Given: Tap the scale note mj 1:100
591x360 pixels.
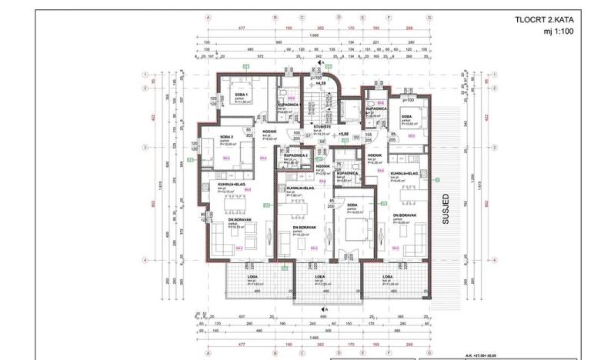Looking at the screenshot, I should click(559, 32).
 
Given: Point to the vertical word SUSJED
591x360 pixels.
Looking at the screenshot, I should click(446, 208).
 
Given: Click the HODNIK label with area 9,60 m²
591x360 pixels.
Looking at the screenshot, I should click(269, 132).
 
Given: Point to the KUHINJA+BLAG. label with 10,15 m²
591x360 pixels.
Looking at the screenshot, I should click(220, 186).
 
